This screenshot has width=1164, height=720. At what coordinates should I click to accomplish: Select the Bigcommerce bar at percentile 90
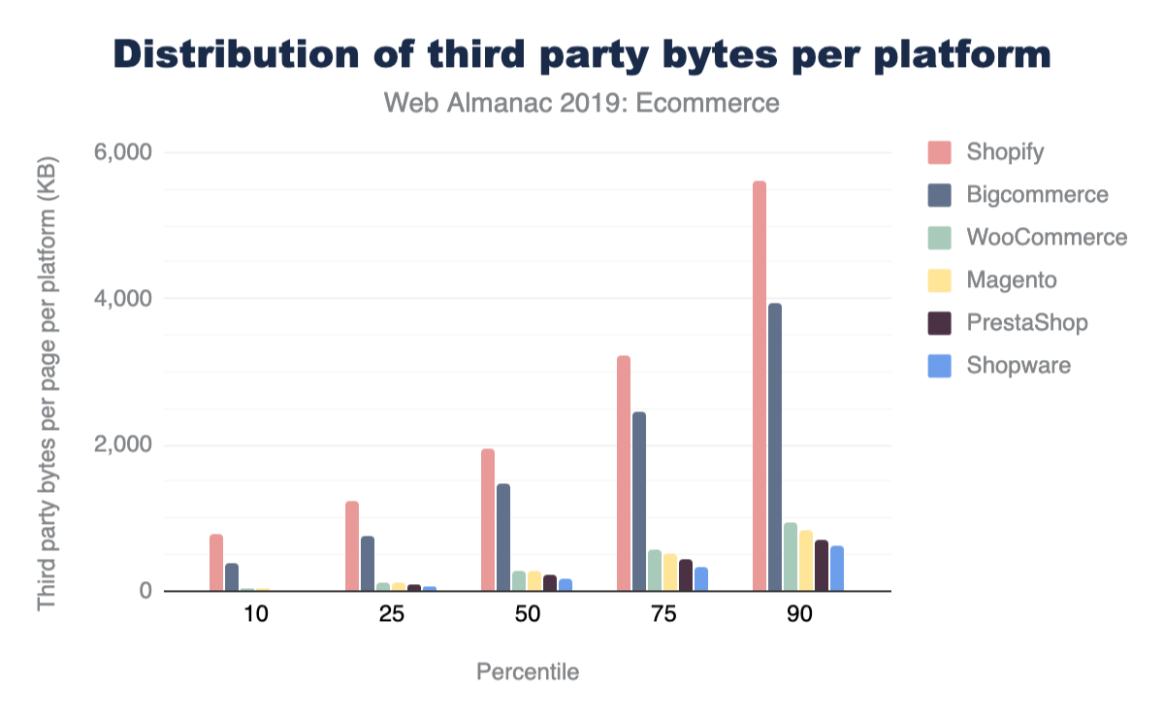[x=775, y=447]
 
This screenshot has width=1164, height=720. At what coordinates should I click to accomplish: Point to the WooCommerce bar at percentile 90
[x=791, y=557]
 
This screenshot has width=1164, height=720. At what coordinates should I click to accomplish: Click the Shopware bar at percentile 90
[x=837, y=569]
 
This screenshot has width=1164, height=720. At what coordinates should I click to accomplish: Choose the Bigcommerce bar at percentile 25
[x=368, y=564]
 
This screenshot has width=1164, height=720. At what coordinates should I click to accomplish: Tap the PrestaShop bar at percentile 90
[x=822, y=566]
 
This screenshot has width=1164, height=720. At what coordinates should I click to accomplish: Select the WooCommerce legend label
[x=1047, y=238]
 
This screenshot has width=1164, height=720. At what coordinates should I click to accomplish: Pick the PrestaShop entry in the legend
[x=1027, y=322]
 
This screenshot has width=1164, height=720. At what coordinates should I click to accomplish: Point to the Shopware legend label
[x=1018, y=366]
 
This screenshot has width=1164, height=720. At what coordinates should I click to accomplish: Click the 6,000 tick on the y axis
[x=123, y=152]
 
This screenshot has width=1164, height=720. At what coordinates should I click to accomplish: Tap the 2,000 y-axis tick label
[x=123, y=445]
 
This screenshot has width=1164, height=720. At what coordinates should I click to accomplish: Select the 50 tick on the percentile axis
[x=527, y=615]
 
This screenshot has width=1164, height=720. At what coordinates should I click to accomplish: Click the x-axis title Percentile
[x=528, y=671]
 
